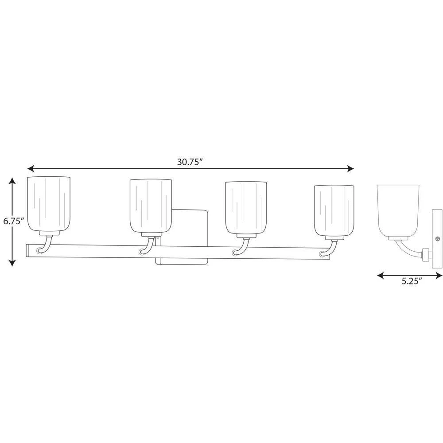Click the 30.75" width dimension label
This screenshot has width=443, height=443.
pyautogui.click(x=190, y=162)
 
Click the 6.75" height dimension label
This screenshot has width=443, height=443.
pyautogui.click(x=13, y=221)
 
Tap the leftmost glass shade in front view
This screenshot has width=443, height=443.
pyautogui.click(x=49, y=204)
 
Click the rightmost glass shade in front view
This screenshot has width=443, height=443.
pyautogui.click(x=334, y=210)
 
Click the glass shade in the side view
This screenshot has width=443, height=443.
pyautogui.click(x=398, y=210)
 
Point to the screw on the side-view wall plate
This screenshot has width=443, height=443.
pyautogui.click(x=438, y=239)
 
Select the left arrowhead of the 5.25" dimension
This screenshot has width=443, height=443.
pyautogui.click(x=380, y=275)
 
